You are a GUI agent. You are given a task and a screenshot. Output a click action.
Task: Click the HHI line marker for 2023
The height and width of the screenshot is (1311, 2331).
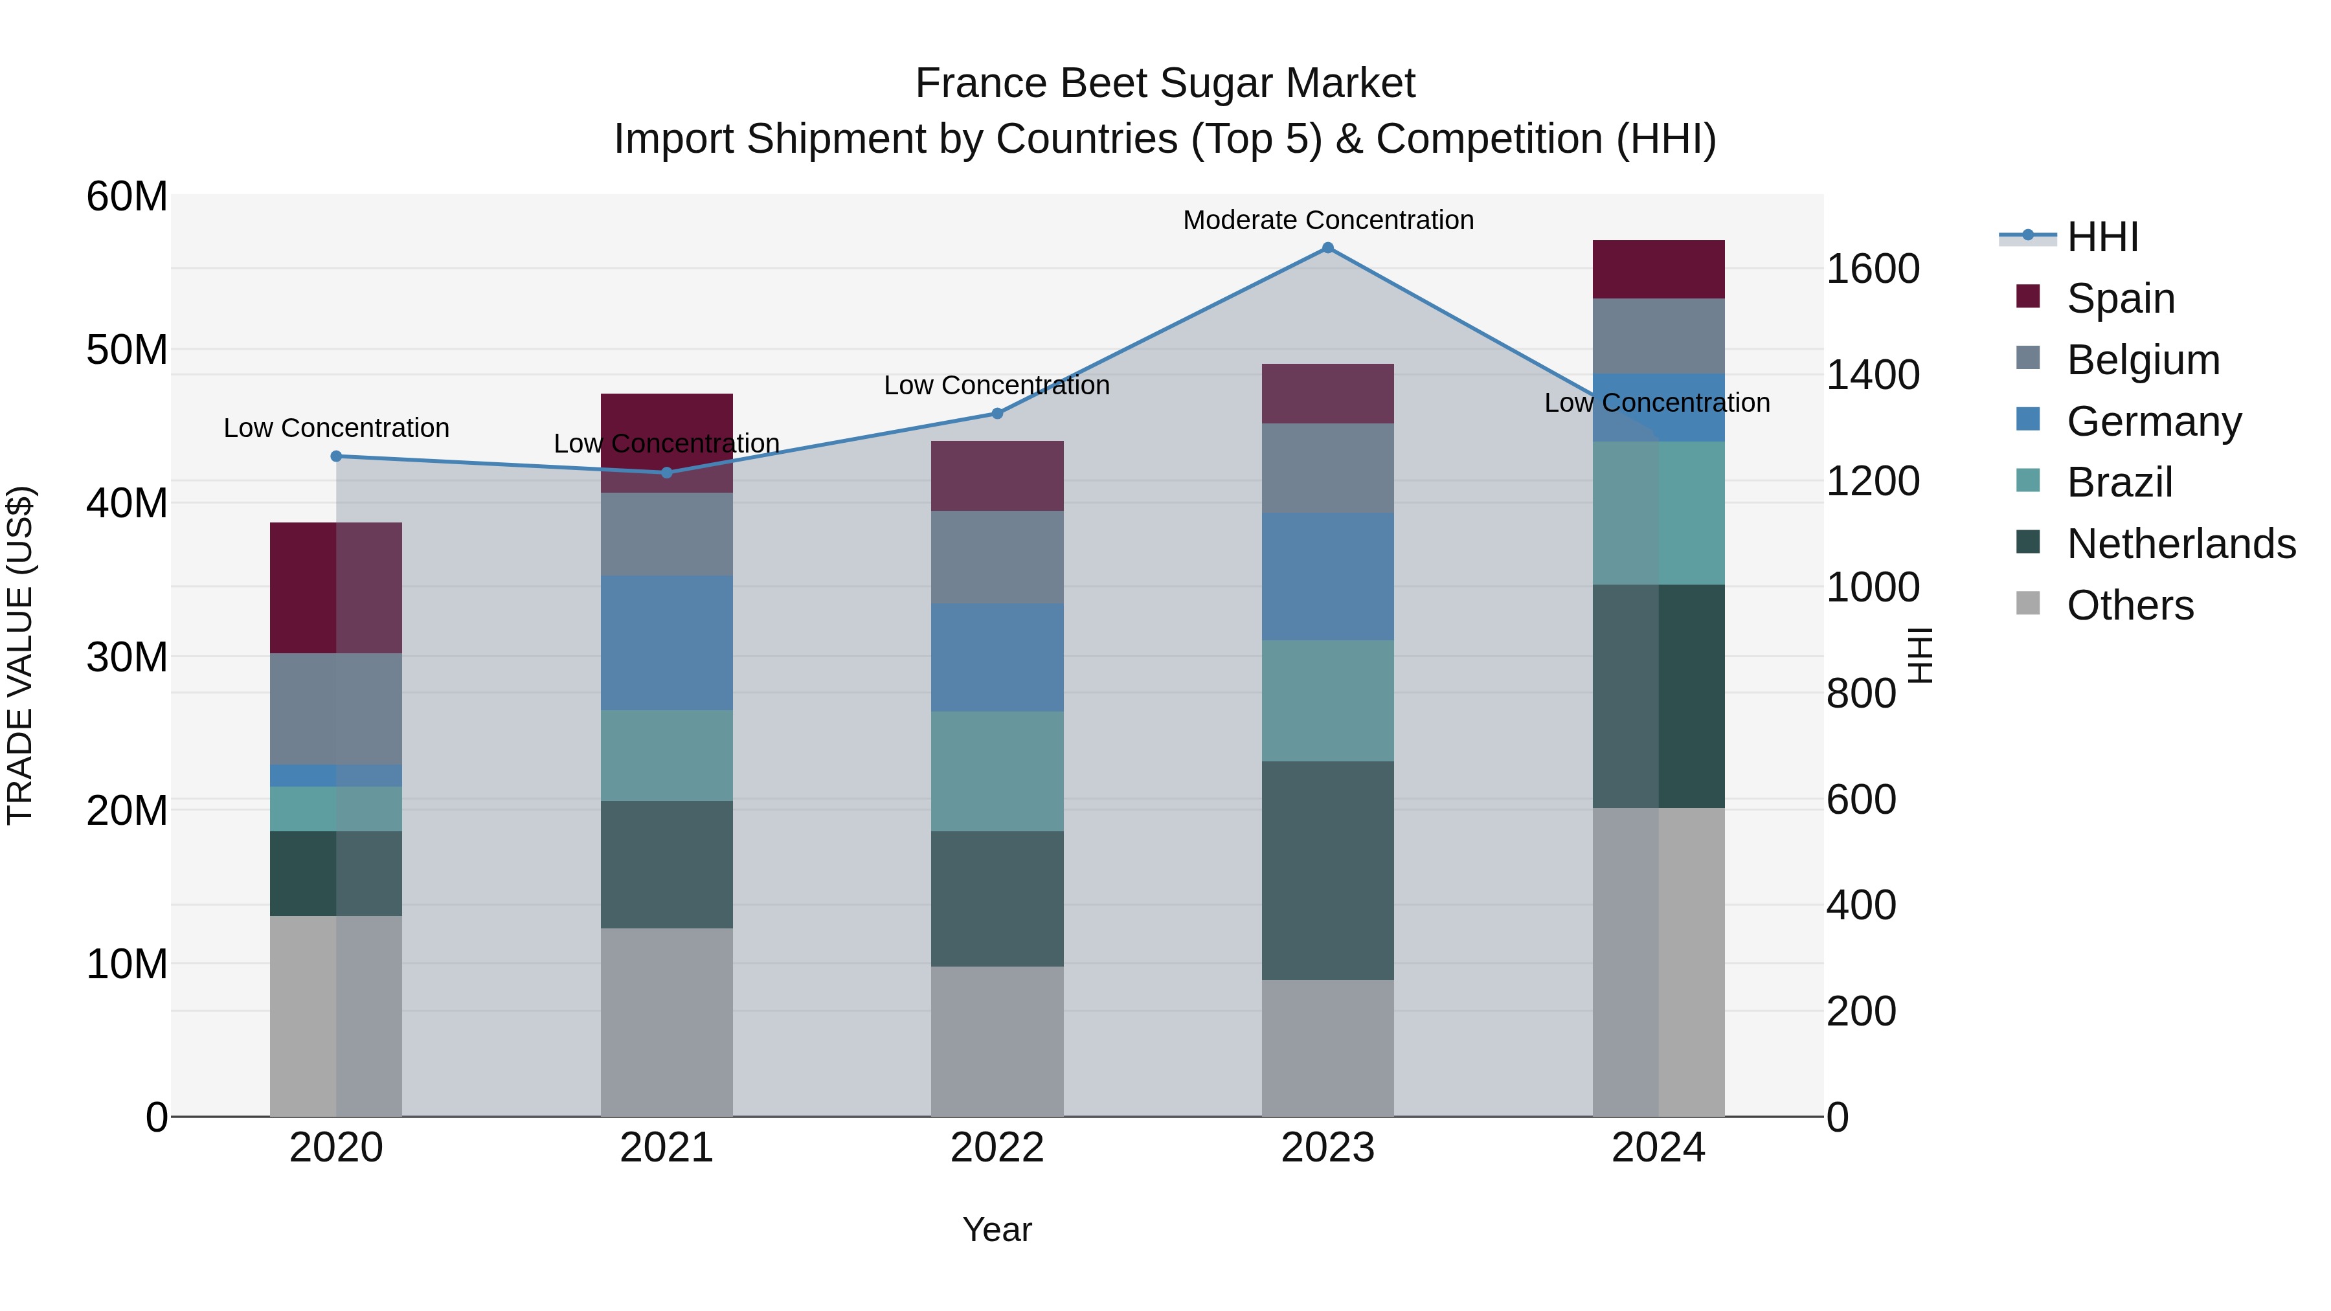point(1327,248)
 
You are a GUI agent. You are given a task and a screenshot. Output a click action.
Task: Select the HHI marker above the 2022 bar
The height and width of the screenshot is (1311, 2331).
point(997,414)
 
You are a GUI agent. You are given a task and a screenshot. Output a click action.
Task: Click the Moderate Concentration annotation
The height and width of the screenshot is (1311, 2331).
point(1327,220)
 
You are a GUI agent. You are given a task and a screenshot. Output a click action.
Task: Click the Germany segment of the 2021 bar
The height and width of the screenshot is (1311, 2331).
point(666,642)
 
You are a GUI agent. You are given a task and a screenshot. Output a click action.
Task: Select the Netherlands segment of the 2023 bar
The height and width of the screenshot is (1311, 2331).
point(1327,870)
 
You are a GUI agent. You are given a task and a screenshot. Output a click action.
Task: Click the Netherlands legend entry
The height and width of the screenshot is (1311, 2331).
point(2181,544)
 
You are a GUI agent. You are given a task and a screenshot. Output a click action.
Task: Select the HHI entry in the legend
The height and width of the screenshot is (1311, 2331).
point(2102,237)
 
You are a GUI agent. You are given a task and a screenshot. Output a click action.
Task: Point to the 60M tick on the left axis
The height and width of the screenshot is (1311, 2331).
point(127,196)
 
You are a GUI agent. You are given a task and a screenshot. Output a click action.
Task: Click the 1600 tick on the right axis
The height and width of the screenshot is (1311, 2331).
point(1872,269)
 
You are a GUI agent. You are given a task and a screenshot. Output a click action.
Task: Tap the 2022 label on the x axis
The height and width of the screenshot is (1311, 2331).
point(997,1148)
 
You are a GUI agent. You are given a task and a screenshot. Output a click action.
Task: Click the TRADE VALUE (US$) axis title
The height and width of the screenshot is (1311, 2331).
point(20,656)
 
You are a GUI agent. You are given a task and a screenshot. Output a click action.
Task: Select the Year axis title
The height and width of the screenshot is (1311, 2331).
point(997,1229)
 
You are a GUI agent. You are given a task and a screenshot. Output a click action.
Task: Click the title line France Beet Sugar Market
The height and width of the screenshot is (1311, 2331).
point(1165,84)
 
